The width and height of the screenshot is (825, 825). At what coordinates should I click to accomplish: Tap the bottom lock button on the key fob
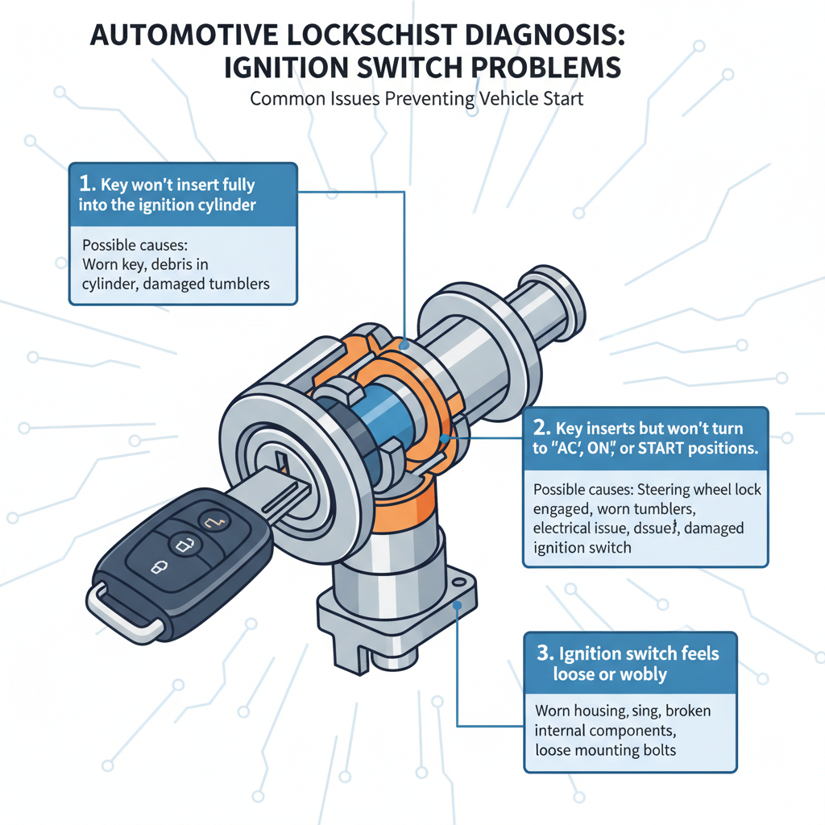(x=155, y=568)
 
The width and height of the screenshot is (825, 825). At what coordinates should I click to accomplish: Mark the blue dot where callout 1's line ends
(x=404, y=345)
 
